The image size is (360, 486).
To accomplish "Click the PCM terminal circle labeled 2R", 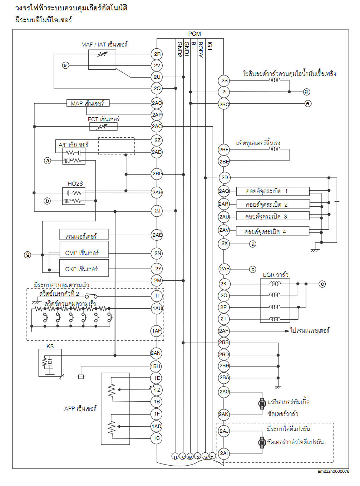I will coord(157,54).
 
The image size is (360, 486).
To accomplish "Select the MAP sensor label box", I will coord(88,103).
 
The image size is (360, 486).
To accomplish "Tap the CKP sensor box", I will coord(84,269).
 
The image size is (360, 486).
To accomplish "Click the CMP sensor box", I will coord(84,252).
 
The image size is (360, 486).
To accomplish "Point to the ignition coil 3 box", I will coord(273,216).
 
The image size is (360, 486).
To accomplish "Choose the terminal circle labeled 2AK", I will coord(224,414).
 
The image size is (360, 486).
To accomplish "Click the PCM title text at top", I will coord(194,34).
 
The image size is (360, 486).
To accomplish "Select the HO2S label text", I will coord(75,183).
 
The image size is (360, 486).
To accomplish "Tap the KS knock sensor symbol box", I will coord(50,363).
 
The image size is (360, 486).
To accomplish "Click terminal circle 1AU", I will coord(157,308).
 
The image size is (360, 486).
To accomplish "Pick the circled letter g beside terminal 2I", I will coord(306,92).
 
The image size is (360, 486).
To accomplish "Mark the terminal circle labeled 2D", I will coord(224,177).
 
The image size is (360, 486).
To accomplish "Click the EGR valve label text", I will coord(276,275).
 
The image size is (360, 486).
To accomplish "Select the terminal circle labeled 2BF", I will coord(224,149).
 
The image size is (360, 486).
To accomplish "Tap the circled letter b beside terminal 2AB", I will coord(253,269).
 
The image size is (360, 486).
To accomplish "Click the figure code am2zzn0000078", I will coord(333,471).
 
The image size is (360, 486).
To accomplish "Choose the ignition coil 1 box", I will coord(273,191).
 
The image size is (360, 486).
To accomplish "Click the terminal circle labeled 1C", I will coord(157,438).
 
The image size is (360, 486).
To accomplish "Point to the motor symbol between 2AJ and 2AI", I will coord(262,442).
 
